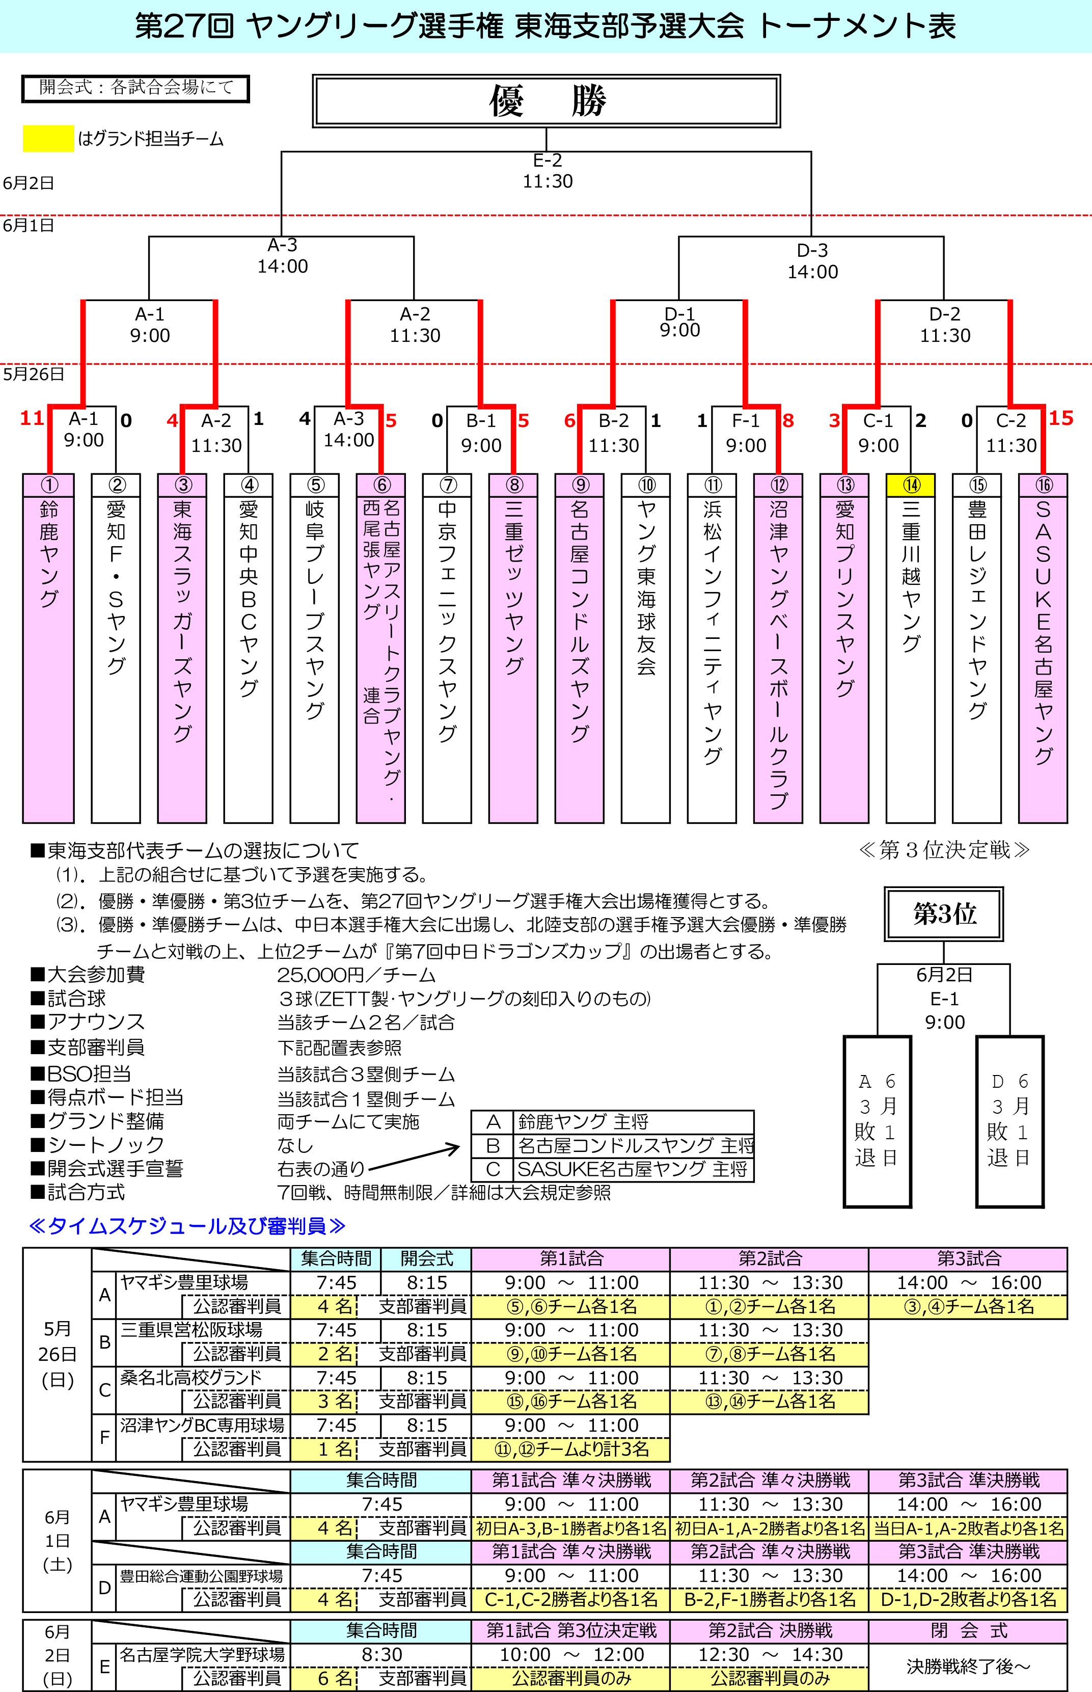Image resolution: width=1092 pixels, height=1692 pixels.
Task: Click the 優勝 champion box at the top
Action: [546, 101]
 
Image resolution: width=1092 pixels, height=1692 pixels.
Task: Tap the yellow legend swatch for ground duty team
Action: [48, 138]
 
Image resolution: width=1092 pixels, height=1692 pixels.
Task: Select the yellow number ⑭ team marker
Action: [911, 485]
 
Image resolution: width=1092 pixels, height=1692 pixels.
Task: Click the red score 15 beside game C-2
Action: [1061, 418]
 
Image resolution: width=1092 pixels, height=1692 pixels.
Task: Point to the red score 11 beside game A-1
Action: [32, 418]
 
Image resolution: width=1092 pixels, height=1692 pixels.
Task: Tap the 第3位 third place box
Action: [944, 914]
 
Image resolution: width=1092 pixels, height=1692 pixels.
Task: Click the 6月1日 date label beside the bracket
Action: [29, 226]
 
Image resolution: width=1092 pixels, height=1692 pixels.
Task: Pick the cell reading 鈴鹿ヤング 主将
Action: [633, 1121]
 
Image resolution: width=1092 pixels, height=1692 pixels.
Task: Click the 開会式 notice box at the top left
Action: [135, 88]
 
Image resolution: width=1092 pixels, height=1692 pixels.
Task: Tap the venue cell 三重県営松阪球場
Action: [192, 1330]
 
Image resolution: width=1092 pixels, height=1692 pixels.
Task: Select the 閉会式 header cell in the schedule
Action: [969, 1630]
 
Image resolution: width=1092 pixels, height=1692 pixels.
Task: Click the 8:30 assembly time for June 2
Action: [381, 1654]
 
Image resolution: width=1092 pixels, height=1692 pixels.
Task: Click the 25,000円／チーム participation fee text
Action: [356, 975]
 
